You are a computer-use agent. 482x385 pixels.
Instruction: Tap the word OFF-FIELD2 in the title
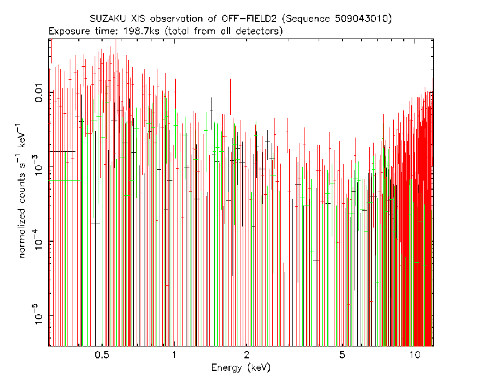pyautogui.click(x=250, y=19)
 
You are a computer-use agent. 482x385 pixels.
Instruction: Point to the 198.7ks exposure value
pyautogui.click(x=141, y=31)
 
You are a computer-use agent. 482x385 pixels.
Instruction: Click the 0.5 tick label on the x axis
pyautogui.click(x=102, y=355)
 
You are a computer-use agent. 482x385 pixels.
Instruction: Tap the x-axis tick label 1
pyautogui.click(x=174, y=355)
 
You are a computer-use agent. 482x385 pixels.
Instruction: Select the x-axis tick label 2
pyautogui.click(x=247, y=355)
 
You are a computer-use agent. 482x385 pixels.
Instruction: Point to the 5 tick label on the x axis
pyautogui.click(x=342, y=355)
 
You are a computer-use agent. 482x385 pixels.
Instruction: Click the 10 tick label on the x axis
pyautogui.click(x=415, y=355)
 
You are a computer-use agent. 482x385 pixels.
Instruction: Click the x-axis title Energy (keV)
pyautogui.click(x=240, y=367)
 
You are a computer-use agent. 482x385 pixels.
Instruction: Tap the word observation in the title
pyautogui.click(x=176, y=19)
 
